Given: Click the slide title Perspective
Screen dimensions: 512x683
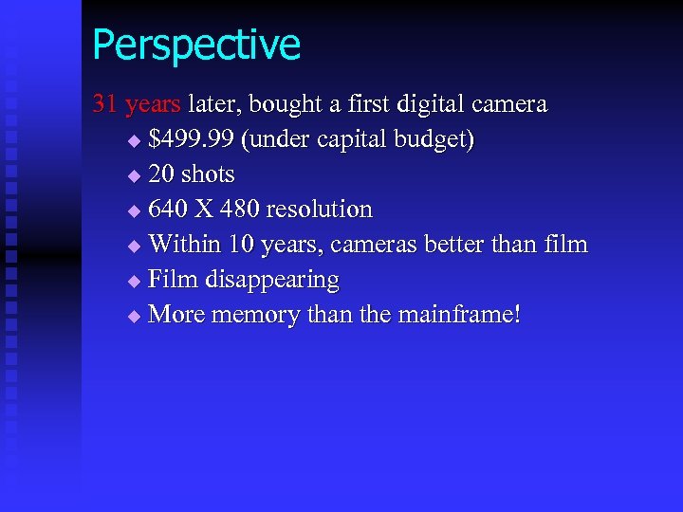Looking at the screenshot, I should [196, 45].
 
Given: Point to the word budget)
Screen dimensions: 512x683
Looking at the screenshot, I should [433, 139].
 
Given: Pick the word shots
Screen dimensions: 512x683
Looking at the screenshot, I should [208, 174].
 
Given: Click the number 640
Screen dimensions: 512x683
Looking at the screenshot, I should [169, 210].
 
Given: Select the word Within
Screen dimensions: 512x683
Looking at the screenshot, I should [182, 245].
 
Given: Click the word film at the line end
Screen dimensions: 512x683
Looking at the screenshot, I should [566, 245].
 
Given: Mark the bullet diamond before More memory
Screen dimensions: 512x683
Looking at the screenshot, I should [133, 315].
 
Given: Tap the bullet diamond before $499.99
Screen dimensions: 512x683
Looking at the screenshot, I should [133, 141].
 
